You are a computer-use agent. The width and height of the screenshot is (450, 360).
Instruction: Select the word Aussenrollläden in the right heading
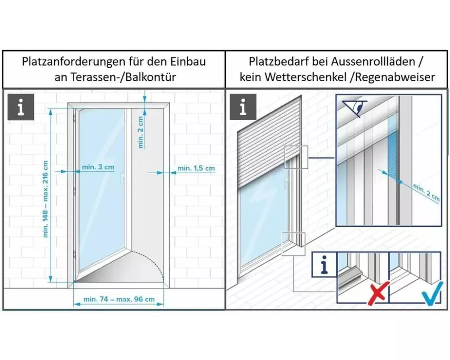[373, 62]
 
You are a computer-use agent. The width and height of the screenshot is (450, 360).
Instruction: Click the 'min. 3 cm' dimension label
[98, 167]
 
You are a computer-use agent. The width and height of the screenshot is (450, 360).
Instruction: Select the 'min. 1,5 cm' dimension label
[196, 168]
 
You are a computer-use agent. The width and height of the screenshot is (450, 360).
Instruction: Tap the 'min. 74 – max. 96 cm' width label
[119, 299]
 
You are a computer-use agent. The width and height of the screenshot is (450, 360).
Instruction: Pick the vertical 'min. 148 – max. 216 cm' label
[45, 199]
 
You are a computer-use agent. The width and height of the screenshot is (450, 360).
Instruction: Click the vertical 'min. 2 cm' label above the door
[140, 132]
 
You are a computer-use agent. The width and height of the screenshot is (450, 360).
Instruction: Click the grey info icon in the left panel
[21, 107]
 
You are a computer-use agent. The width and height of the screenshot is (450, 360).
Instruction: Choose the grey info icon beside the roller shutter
[243, 107]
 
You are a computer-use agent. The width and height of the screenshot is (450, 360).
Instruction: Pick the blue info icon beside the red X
[324, 265]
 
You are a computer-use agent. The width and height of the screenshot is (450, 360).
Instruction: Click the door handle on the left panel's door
[122, 178]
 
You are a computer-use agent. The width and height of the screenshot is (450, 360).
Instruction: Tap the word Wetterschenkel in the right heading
[306, 77]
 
